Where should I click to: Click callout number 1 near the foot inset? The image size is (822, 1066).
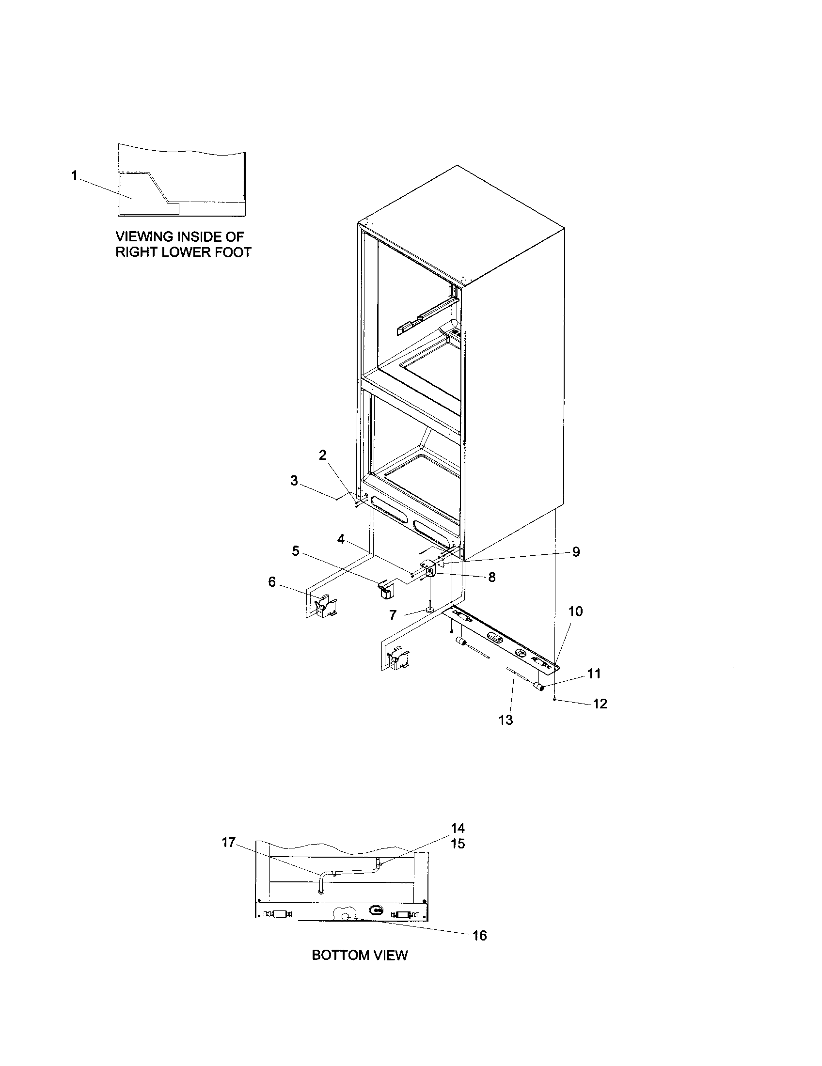74,175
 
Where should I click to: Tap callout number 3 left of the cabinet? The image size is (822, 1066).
294,481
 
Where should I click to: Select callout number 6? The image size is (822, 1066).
272,582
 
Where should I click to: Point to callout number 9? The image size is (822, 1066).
576,551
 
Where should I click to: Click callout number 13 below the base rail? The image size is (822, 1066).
506,720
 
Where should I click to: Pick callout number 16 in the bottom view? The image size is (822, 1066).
480,935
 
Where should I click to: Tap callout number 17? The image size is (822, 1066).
229,842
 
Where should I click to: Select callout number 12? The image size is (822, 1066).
600,704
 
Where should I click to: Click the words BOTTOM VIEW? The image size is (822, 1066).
359,969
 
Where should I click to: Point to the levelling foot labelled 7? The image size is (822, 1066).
429,608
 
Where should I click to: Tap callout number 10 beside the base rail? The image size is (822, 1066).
575,611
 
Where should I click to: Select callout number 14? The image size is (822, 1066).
458,828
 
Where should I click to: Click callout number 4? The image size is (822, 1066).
341,539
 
